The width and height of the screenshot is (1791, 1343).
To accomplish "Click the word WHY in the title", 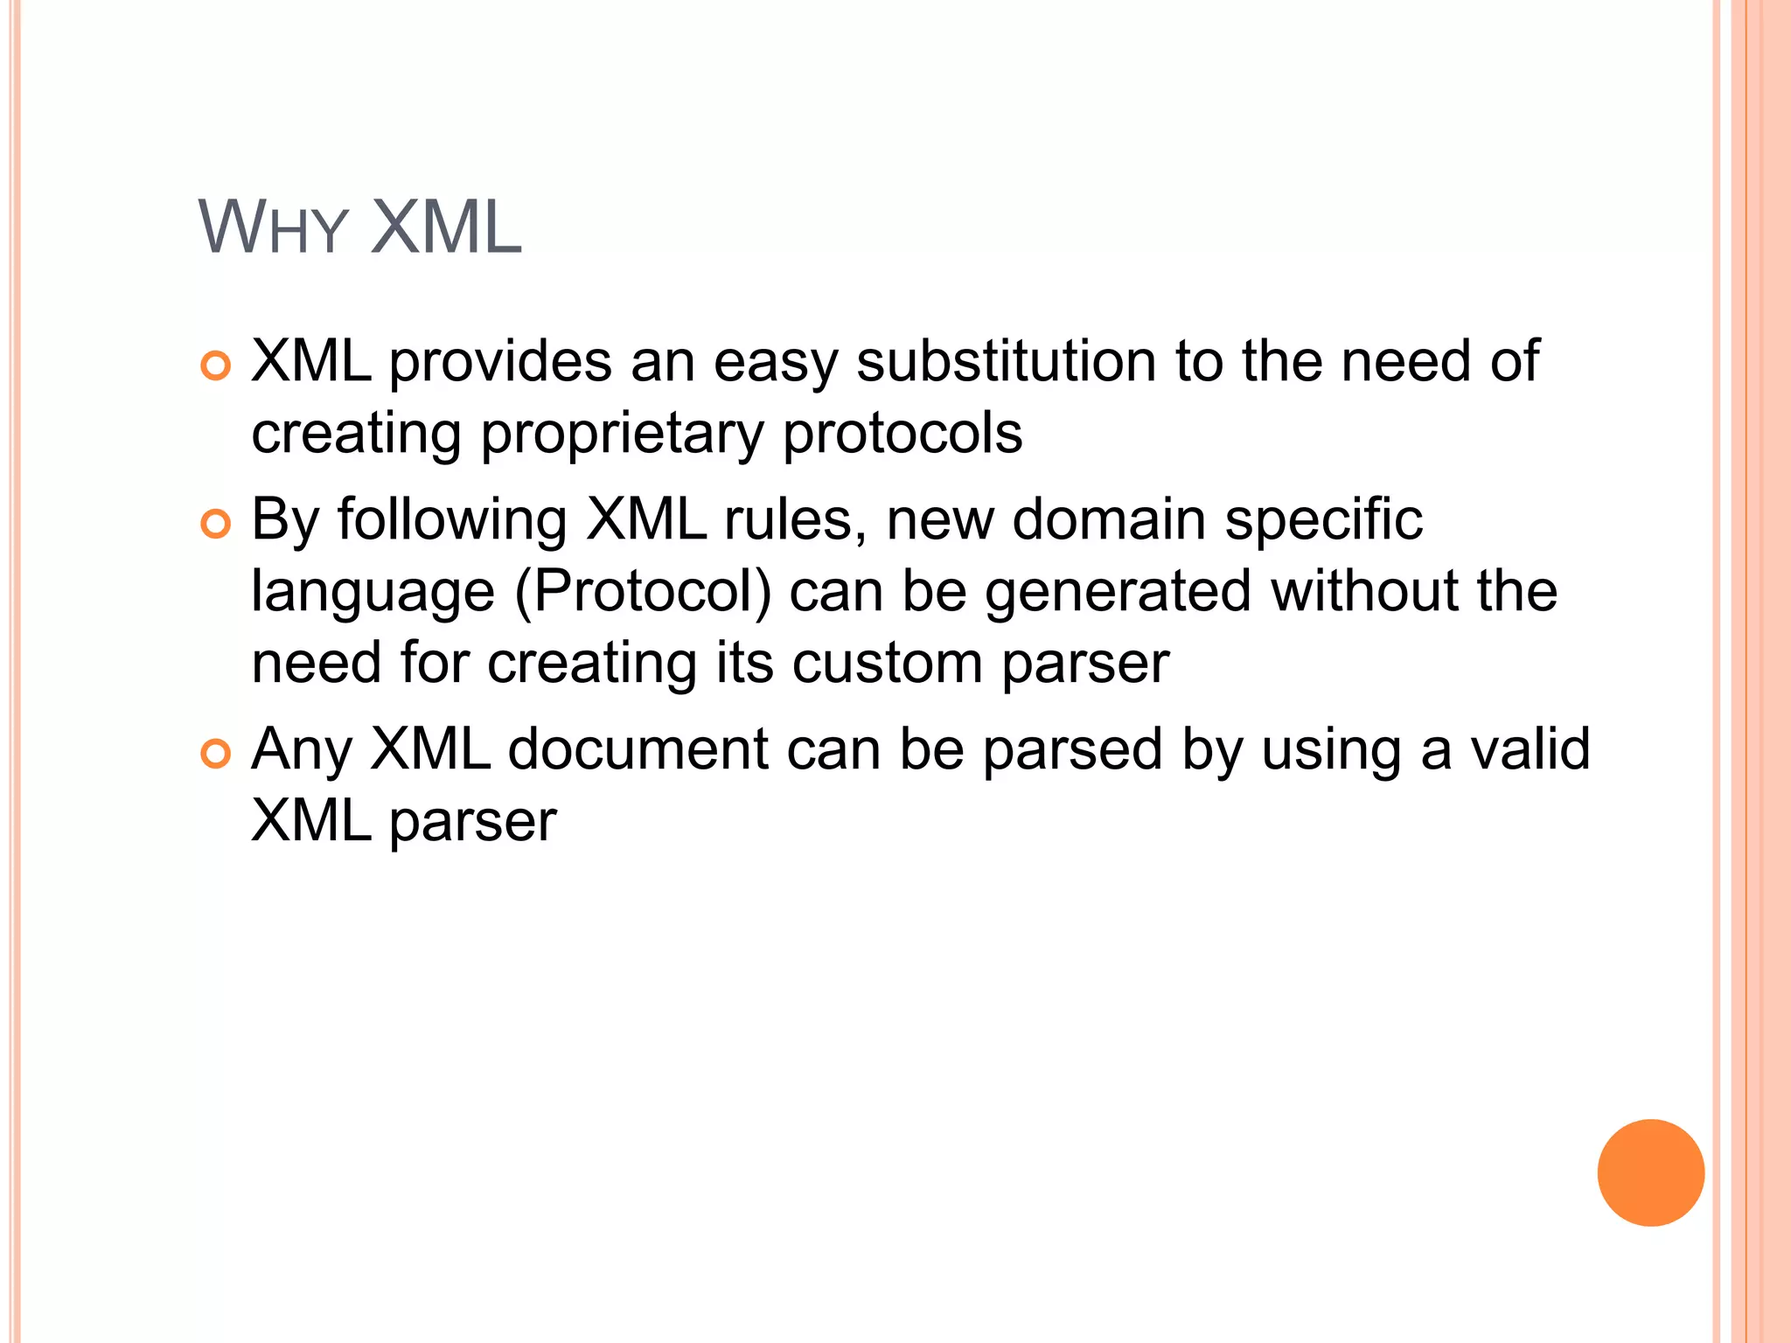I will coord(273,229).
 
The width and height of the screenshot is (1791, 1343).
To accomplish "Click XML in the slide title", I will coord(446,227).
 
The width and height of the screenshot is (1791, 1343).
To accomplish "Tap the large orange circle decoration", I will coord(1650,1173).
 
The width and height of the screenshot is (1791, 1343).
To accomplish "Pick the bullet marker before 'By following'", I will coord(215,524).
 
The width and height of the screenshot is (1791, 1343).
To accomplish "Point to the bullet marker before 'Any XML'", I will coord(215,753).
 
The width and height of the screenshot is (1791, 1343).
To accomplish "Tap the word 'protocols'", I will coord(902,433).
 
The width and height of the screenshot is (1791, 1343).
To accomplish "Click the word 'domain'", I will coord(1109,520).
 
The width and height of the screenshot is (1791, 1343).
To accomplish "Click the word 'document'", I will coord(638,749).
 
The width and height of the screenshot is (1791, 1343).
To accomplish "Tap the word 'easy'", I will coord(776,363).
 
